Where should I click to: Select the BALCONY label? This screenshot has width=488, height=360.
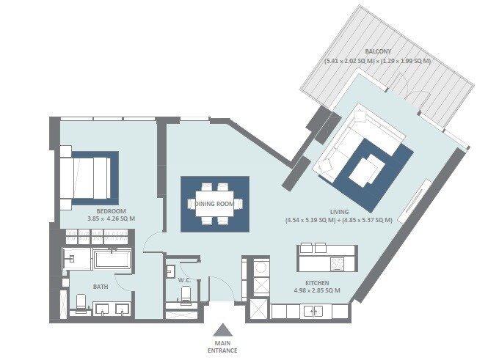377,52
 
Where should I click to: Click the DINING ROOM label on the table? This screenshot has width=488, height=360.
215,204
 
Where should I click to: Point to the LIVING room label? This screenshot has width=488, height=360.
338,210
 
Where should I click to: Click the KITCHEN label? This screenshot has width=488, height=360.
317,283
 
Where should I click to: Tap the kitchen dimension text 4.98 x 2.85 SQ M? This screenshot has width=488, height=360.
317,291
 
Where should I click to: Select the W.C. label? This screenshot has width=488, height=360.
185,280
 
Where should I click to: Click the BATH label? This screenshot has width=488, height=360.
101,287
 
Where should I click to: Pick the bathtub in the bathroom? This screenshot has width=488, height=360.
112,260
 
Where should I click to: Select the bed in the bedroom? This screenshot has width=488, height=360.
86,176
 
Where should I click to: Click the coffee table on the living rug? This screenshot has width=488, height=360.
364,172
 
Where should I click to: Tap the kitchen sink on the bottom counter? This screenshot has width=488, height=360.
313,312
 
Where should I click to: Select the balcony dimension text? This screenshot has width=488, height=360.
377,62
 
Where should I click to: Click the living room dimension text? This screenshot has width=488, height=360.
338,219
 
